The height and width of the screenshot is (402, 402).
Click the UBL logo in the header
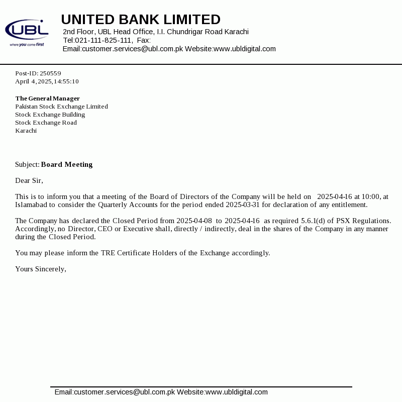(x=27, y=32)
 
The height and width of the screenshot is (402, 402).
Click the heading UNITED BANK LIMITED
(x=141, y=20)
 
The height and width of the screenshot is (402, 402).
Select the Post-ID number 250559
(x=50, y=73)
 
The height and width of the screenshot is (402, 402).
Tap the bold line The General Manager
(x=47, y=98)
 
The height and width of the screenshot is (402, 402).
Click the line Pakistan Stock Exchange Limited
(x=61, y=107)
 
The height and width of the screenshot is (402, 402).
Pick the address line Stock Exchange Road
(x=46, y=123)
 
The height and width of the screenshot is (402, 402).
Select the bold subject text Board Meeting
(x=67, y=164)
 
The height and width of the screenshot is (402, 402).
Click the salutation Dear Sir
(x=29, y=180)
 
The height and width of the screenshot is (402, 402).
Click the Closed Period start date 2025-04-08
(x=194, y=221)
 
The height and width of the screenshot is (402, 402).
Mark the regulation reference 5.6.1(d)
(x=315, y=221)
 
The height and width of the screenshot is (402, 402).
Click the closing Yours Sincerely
(x=41, y=269)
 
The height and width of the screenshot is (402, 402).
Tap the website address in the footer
(x=236, y=392)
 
